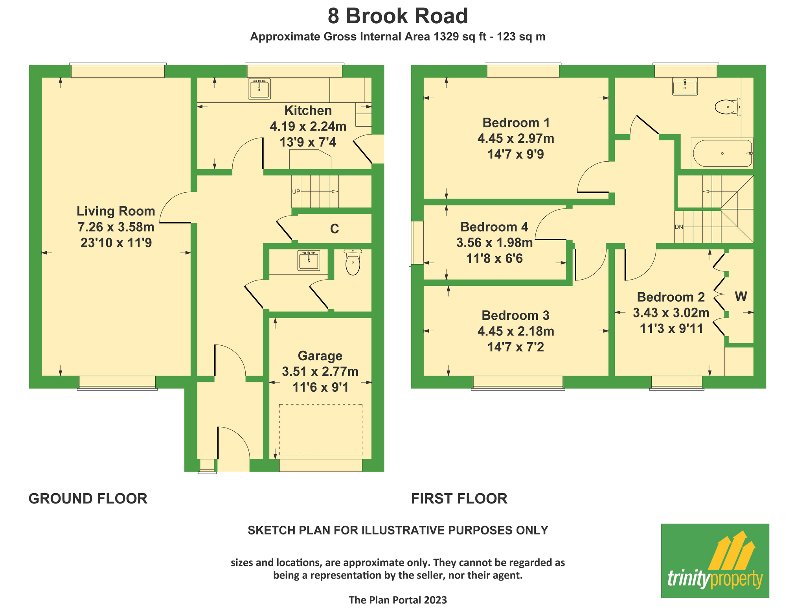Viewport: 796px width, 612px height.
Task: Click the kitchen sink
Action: coord(259,88)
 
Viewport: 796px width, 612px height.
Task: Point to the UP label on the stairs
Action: coord(296,192)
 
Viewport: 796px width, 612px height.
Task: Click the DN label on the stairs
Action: coord(679,227)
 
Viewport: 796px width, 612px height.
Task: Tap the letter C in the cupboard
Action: coord(335,229)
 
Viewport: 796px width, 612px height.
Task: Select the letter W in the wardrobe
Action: coord(741,296)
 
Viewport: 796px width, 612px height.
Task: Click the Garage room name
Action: coord(320,356)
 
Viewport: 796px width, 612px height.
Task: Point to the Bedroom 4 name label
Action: coord(494,227)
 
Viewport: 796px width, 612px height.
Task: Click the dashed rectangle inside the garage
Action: coord(321,430)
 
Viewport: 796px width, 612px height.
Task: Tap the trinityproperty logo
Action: coord(715,560)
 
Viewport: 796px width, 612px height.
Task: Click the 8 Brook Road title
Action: coord(398,16)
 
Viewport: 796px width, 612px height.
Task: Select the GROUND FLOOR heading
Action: coord(88,498)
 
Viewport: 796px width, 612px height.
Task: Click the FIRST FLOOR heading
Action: coord(459,498)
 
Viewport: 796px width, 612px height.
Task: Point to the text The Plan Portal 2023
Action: coord(398,600)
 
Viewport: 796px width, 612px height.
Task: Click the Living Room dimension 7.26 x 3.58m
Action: coord(116,227)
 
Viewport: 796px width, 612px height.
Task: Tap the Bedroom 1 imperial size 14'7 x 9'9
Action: coord(516,154)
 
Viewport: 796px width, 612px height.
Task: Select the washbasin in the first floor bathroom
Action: coord(685,87)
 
